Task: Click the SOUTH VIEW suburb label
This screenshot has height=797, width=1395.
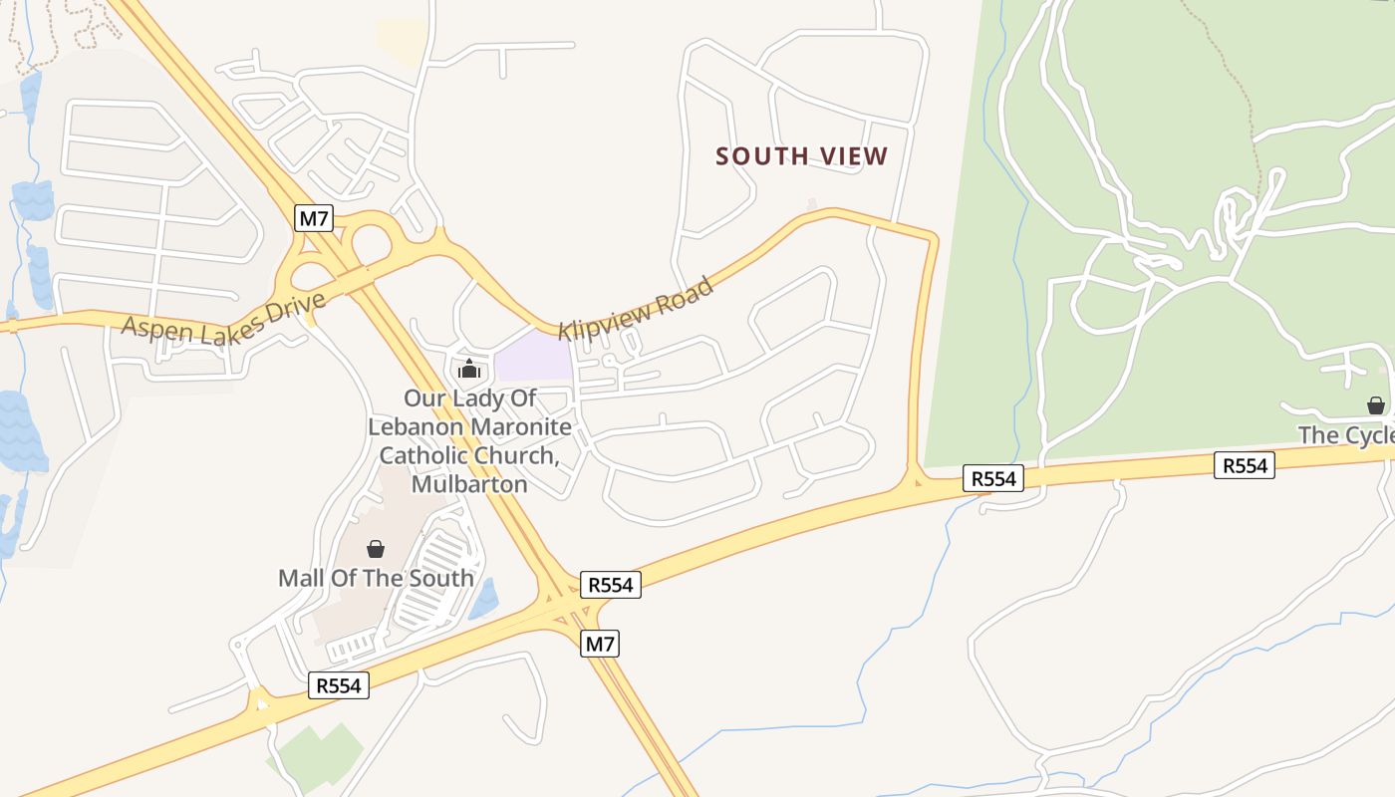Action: tap(801, 156)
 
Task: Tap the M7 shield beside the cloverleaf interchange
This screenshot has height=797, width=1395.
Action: tap(313, 218)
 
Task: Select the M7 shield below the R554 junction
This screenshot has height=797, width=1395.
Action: tap(600, 644)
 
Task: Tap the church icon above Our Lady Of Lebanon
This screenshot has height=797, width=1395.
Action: tap(469, 370)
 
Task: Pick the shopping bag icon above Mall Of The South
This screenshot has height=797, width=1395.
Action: tap(376, 549)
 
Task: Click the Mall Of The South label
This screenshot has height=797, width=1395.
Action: tap(376, 578)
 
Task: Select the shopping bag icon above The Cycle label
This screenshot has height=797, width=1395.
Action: tap(1375, 405)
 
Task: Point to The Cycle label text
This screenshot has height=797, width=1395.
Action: tap(1345, 435)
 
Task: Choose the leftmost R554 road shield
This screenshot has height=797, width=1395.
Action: tap(338, 685)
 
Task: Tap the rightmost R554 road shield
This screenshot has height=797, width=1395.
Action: tap(1245, 465)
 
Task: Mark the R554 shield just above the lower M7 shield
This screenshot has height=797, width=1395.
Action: tap(610, 585)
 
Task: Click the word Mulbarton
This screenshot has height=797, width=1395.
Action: tap(469, 484)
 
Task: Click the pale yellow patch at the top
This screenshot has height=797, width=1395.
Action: tap(402, 40)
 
